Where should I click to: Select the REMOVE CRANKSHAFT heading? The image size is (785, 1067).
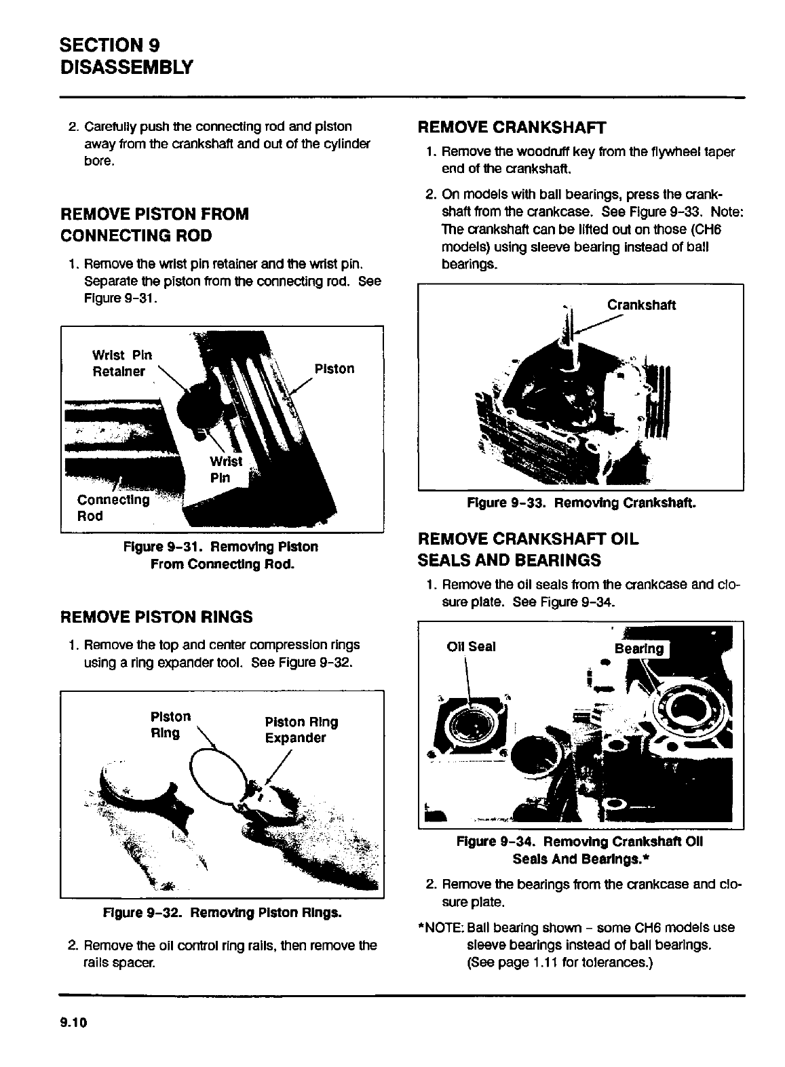tap(512, 128)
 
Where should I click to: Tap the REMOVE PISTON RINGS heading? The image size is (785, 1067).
tap(157, 617)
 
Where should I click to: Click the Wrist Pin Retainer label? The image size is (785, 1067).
tap(121, 363)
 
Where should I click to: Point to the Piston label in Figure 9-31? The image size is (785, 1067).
tap(334, 369)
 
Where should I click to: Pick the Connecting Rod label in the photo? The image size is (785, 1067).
tap(113, 508)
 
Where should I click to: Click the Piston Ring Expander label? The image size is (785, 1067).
tap(301, 730)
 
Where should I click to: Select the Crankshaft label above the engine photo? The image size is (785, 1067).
tap(640, 305)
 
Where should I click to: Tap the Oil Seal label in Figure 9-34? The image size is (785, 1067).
tap(471, 646)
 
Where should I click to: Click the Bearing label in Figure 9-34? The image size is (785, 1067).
tap(638, 648)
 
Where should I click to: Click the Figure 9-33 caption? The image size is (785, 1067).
tap(581, 503)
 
